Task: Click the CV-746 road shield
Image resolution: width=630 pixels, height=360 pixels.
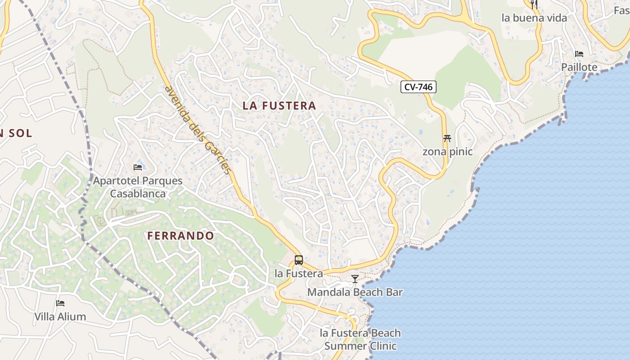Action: tap(418, 87)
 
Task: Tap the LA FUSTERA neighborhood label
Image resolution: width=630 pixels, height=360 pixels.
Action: tap(279, 106)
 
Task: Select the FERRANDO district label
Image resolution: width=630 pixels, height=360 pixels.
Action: tap(181, 236)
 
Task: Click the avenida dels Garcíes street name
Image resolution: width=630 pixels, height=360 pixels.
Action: tap(198, 130)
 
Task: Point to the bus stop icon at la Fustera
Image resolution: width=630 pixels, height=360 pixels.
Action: tap(299, 260)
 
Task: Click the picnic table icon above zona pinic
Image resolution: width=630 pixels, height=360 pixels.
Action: tap(447, 138)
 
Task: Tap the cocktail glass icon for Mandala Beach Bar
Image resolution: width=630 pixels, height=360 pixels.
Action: tap(355, 279)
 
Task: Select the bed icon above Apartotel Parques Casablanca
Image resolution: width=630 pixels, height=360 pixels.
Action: tap(138, 167)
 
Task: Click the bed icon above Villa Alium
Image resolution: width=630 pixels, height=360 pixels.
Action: tap(60, 303)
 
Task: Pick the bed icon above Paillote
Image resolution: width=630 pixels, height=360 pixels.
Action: tap(579, 54)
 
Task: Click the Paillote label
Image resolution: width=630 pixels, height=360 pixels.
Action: tap(579, 67)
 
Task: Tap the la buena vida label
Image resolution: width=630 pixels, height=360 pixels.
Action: tap(534, 18)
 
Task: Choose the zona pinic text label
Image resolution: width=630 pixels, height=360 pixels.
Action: tap(447, 152)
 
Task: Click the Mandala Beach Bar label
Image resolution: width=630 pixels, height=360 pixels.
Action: tap(355, 292)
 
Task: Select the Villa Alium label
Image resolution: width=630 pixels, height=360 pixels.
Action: tap(60, 317)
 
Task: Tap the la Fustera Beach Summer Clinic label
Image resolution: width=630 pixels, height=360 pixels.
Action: tap(360, 339)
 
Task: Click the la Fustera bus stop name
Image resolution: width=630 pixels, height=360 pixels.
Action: tap(299, 273)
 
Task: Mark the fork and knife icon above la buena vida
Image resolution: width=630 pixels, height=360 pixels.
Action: tap(534, 4)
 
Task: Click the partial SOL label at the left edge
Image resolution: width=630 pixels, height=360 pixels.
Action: tap(16, 133)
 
